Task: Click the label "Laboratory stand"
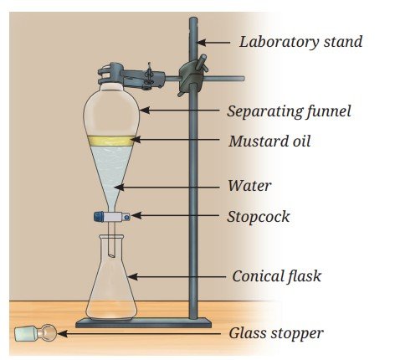tap(300, 42)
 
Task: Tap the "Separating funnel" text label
tap(289, 111)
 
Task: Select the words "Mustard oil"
tap(269, 141)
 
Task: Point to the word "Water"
tap(249, 186)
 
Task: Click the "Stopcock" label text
tap(259, 217)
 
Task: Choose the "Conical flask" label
tap(277, 276)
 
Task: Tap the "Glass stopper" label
tap(276, 333)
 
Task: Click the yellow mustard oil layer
tap(111, 141)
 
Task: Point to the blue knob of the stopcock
tap(98, 217)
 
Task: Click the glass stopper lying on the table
tap(35, 333)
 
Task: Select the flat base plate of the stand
tap(143, 323)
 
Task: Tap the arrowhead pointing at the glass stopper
tap(63, 333)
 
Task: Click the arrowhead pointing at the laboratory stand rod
tap(202, 43)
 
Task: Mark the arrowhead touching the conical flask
tap(132, 277)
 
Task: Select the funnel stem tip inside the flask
tap(111, 255)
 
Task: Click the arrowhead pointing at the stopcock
tap(136, 215)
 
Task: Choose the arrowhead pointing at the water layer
tap(119, 187)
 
